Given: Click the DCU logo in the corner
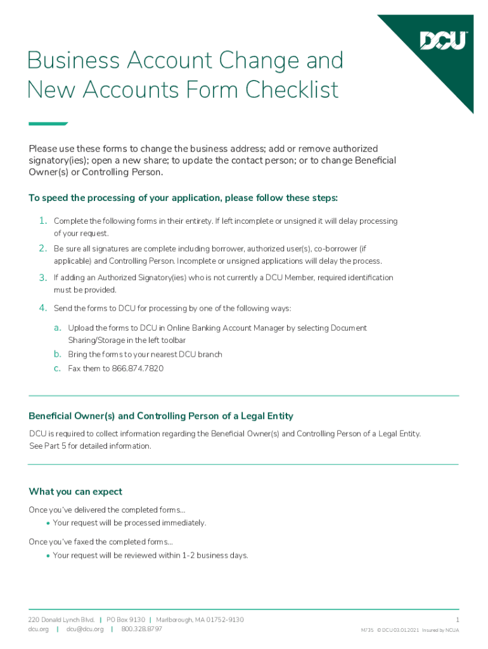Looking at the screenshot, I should click(444, 41).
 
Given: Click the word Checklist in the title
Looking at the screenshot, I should click(292, 89).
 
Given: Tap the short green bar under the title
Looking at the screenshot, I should click(48, 124).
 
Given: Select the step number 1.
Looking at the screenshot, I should click(42, 221).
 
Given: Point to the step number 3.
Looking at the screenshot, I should click(42, 278).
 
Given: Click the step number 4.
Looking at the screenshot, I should click(42, 308).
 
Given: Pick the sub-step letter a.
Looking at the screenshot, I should click(57, 328).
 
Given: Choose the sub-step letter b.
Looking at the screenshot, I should click(57, 354).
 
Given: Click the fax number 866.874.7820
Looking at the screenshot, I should click(138, 368).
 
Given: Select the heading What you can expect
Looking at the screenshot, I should click(75, 492).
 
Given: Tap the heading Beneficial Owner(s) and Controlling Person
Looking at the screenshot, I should click(161, 416).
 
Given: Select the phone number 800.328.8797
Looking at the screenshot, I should click(141, 629).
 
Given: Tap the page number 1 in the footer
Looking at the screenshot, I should click(457, 619).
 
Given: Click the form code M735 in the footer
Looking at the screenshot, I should click(367, 631).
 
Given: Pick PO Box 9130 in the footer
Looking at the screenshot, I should click(125, 619).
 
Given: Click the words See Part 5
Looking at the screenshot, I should click(49, 446).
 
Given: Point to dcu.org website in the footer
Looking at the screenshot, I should click(39, 629).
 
